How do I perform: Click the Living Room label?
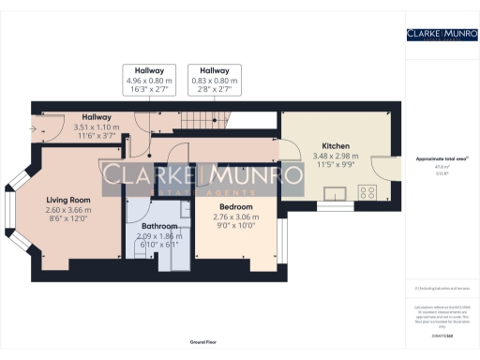(x=68, y=199)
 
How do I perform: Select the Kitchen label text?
(x=335, y=147)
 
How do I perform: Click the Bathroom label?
(x=153, y=226)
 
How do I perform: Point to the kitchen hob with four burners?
(x=365, y=193)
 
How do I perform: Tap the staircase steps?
(x=191, y=120)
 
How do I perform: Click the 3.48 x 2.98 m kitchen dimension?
(x=335, y=157)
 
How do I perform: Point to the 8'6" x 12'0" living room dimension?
(x=68, y=218)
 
